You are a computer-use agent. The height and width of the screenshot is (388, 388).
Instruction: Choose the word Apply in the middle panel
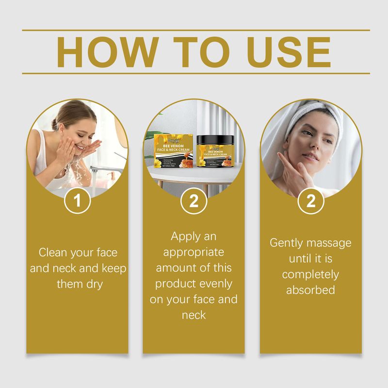pyautogui.click(x=186, y=237)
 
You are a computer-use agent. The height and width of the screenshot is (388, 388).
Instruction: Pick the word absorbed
pyautogui.click(x=310, y=290)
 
